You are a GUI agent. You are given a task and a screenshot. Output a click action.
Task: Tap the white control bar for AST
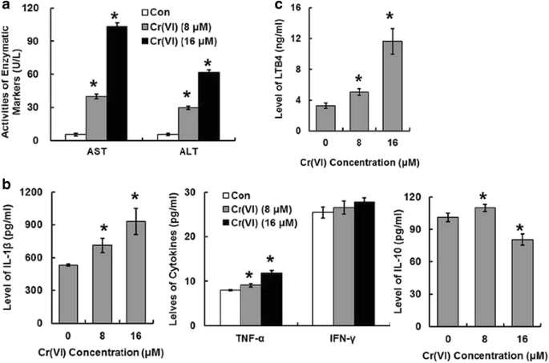(x=75, y=136)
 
